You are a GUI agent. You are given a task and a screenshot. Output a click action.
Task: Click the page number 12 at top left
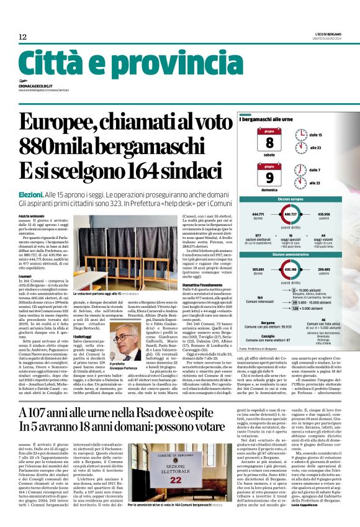tap(22, 37)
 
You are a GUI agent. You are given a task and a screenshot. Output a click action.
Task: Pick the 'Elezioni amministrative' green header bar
tap(290, 254)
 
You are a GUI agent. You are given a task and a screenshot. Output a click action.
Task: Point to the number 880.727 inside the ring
tap(289, 214)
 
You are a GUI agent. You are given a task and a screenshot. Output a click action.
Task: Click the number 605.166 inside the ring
tap(289, 270)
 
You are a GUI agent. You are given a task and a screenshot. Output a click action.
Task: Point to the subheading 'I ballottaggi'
tap(85, 318)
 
